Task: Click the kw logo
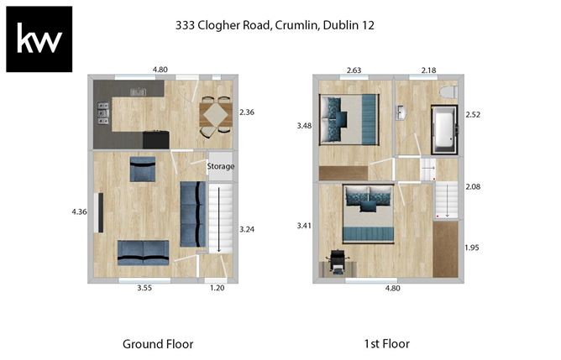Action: point(39,39)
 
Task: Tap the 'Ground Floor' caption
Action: point(158,343)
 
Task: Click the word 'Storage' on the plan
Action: point(221,166)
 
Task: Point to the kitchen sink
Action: point(139,91)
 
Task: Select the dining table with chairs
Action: point(216,114)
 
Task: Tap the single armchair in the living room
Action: point(142,169)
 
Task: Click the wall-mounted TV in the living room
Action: point(100,213)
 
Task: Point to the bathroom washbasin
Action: point(402,112)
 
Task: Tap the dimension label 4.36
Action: point(80,213)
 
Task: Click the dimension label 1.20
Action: point(218,290)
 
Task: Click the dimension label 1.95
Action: point(473,248)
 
